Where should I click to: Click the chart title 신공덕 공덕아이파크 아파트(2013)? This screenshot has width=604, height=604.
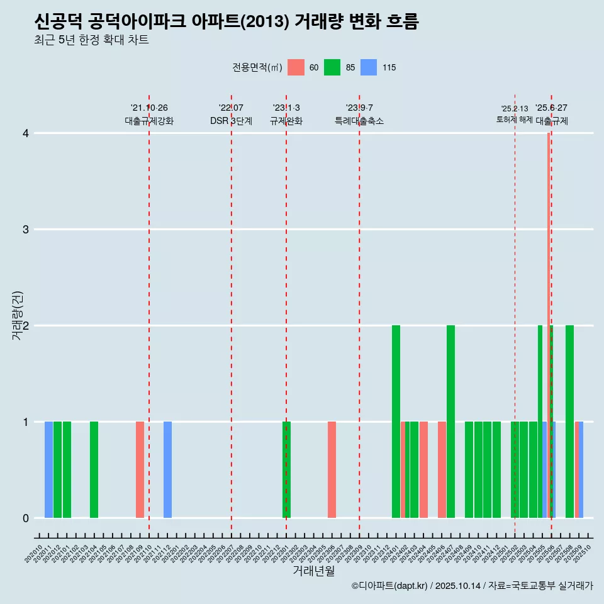tap(226, 22)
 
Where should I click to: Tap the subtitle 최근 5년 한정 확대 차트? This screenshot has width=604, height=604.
tap(91, 41)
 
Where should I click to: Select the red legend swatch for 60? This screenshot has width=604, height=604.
tap(296, 67)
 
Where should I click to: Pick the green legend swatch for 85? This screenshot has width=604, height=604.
tap(332, 67)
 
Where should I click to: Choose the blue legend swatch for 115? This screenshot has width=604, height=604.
tap(369, 67)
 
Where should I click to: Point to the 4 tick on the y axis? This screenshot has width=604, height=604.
tap(26, 133)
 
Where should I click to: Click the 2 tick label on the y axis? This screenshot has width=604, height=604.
tap(26, 326)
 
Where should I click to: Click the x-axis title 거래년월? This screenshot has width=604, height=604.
tap(313, 571)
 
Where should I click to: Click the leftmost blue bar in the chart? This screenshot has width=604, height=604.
tap(48, 470)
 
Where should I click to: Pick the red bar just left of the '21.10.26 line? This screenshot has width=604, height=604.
tap(140, 470)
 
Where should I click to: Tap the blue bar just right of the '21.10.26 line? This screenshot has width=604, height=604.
tap(167, 470)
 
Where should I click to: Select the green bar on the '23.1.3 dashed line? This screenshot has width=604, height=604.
tap(286, 470)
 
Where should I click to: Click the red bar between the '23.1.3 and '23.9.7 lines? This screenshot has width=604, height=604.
tap(332, 470)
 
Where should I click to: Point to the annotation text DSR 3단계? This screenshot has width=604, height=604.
tap(231, 121)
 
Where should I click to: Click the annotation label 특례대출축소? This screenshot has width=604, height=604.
tap(359, 121)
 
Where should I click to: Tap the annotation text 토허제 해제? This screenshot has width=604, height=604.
tap(514, 120)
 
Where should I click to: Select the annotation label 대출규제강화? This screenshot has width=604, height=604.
tap(148, 121)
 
